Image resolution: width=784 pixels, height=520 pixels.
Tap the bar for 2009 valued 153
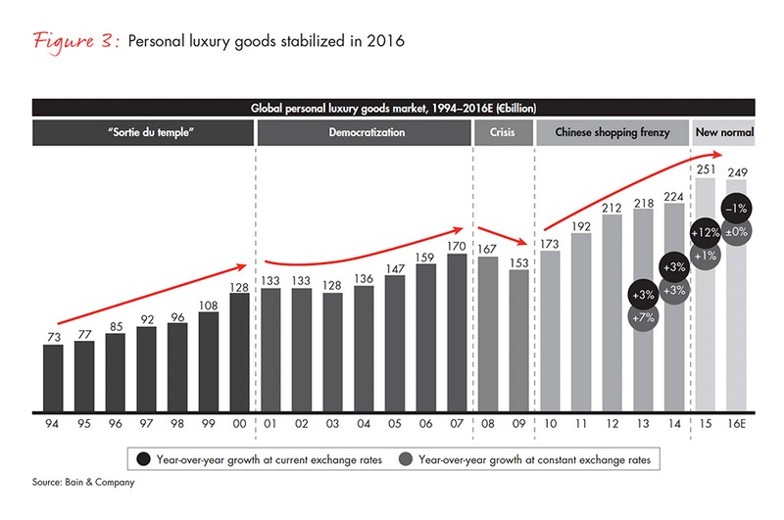519,343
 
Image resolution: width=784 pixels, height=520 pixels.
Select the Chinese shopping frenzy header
611,131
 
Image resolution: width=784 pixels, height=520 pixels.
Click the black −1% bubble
737,209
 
